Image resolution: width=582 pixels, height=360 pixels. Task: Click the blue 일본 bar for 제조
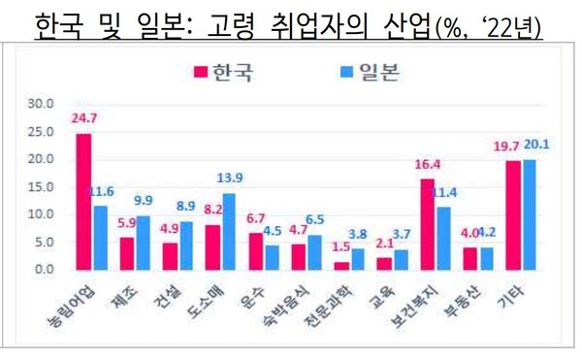click(143, 242)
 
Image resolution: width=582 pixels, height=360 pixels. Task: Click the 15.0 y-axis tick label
click(43, 185)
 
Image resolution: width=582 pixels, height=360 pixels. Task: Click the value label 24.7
click(83, 119)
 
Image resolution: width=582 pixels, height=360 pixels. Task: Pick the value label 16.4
click(426, 165)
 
